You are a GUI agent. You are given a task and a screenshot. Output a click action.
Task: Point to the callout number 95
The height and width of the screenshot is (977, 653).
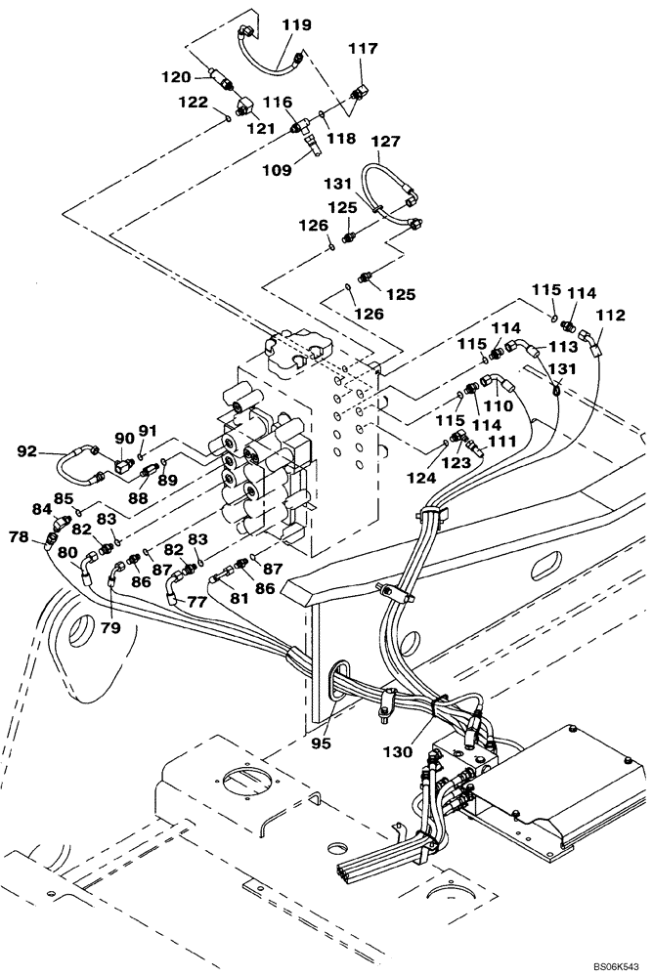tap(322, 743)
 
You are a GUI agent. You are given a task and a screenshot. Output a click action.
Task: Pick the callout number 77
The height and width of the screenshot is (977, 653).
tap(197, 603)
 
